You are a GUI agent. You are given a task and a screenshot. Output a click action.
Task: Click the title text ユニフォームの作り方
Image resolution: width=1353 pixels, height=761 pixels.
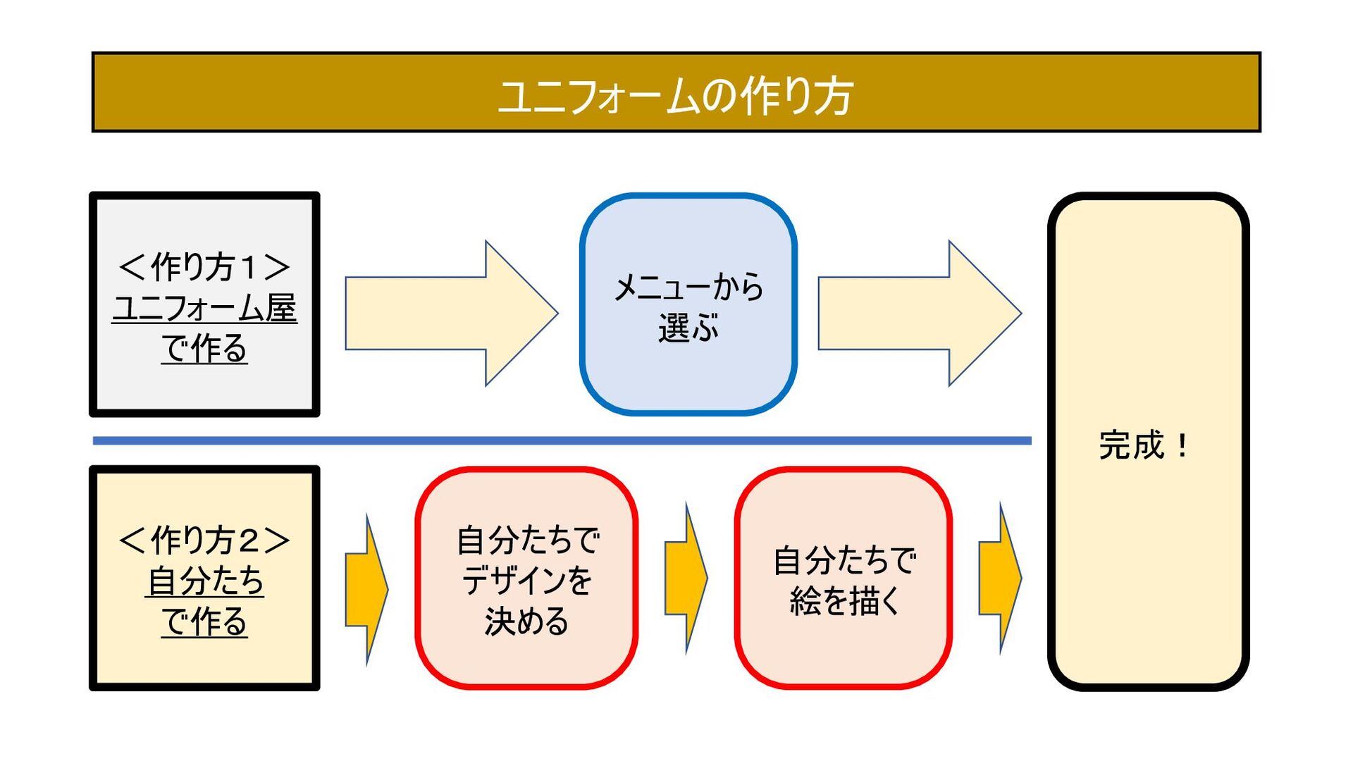(x=675, y=96)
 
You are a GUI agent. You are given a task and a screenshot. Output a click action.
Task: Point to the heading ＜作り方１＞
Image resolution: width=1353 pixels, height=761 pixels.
(x=204, y=267)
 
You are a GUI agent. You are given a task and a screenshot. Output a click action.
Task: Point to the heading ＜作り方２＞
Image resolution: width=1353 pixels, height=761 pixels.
(x=204, y=540)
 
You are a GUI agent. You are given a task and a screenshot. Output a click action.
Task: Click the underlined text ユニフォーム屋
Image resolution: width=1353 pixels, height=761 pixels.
(x=204, y=309)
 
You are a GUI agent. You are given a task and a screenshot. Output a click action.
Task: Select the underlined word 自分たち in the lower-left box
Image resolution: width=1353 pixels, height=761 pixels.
(x=204, y=581)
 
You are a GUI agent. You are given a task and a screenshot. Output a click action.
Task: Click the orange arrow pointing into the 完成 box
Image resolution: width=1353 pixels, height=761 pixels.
(x=1000, y=578)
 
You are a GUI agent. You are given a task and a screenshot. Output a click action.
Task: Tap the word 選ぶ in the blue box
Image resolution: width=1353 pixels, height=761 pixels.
(x=688, y=328)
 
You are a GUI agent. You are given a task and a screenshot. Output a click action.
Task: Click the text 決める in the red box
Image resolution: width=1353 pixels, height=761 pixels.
(x=526, y=621)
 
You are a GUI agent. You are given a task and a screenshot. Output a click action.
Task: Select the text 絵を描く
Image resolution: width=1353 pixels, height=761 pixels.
(x=844, y=601)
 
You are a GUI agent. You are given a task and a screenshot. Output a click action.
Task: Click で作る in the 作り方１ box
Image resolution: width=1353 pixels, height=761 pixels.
(x=204, y=349)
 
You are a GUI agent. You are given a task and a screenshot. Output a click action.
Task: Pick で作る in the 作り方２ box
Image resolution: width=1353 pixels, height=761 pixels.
(x=204, y=622)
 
